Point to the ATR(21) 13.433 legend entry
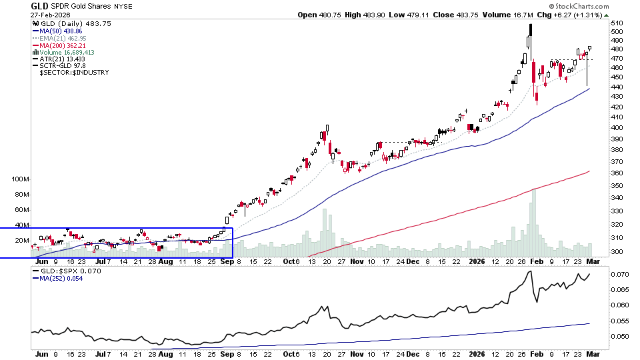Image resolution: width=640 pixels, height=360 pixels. coord(62,59)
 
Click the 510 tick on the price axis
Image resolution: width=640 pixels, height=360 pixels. coord(617,23)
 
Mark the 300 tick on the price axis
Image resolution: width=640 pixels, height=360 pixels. coord(617,252)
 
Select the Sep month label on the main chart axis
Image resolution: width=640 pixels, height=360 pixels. coord(227,262)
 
